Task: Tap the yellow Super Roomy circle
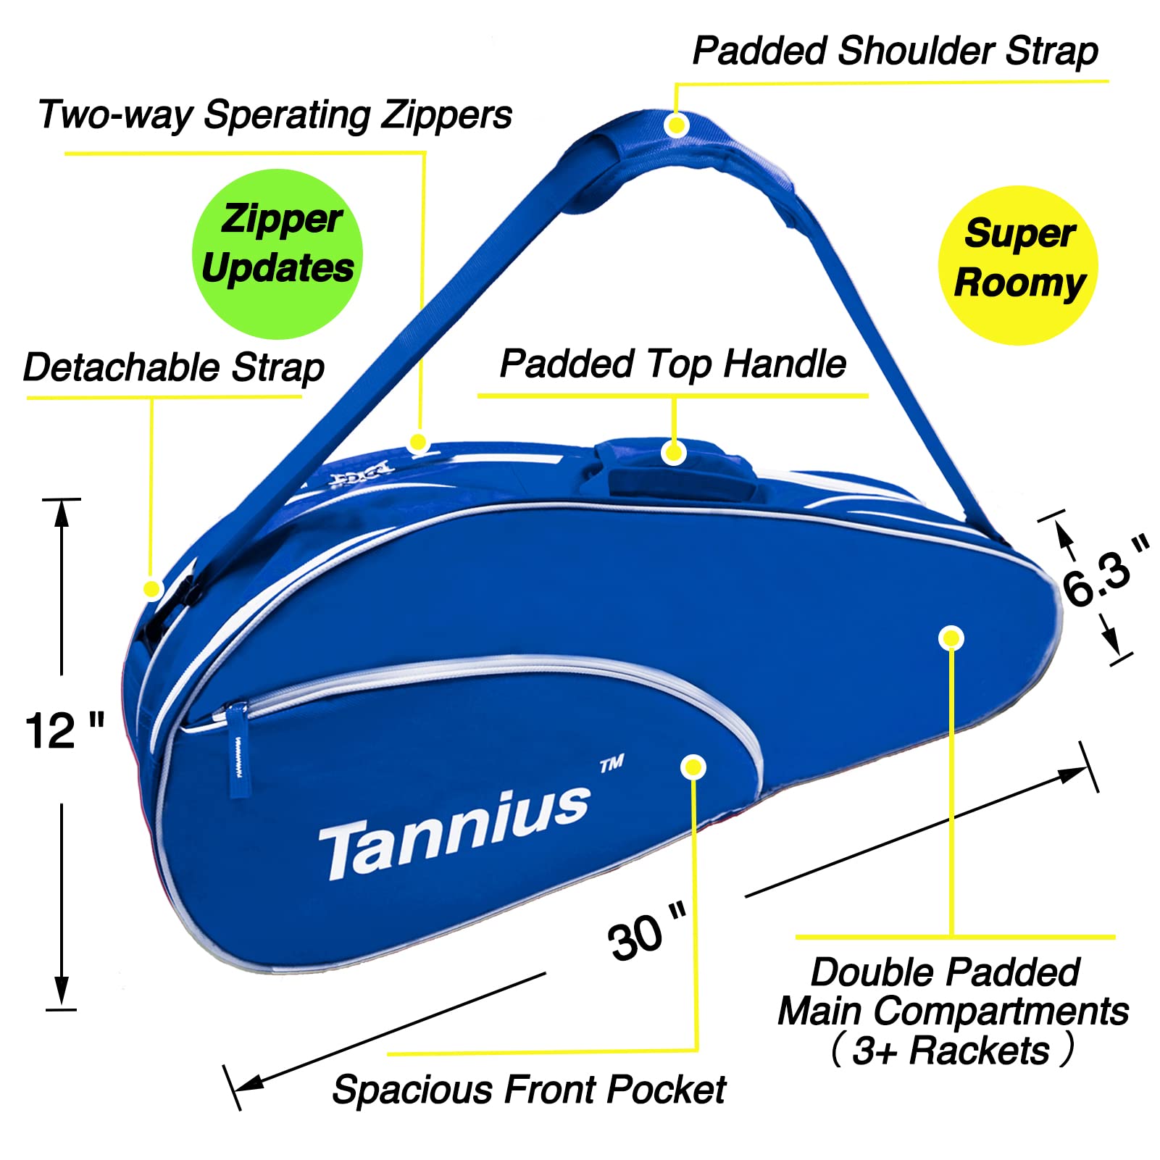click(x=1018, y=265)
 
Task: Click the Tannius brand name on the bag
click(x=455, y=833)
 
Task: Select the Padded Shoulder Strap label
click(x=895, y=52)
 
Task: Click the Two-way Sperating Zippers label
click(x=275, y=115)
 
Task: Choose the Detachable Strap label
click(x=174, y=367)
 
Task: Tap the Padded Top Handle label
click(x=673, y=364)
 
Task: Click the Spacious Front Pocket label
click(x=529, y=1090)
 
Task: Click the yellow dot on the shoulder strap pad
click(x=676, y=125)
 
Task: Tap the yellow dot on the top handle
click(x=674, y=453)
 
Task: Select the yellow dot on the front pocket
click(x=693, y=767)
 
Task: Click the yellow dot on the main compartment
click(x=951, y=638)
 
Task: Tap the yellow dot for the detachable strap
click(x=151, y=588)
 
